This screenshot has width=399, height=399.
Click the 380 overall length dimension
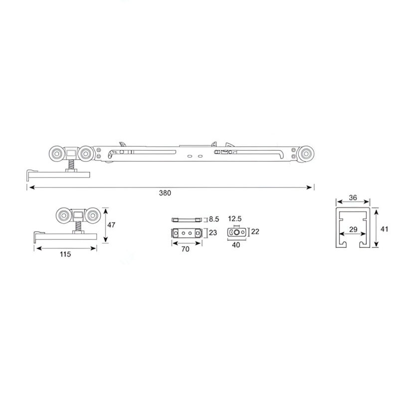pyautogui.click(x=165, y=193)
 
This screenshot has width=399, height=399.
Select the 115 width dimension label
pyautogui.click(x=65, y=254)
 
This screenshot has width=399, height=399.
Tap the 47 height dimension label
pyautogui.click(x=111, y=225)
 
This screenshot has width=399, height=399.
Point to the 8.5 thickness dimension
pyautogui.click(x=214, y=219)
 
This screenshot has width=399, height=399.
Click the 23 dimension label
pyautogui.click(x=213, y=232)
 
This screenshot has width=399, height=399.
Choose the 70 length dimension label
pyautogui.click(x=185, y=249)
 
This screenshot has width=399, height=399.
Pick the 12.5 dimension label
pyautogui.click(x=234, y=218)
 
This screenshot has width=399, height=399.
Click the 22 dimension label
pyautogui.click(x=255, y=231)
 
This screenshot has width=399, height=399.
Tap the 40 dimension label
pyautogui.click(x=236, y=245)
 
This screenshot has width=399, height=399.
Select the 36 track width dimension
pyautogui.click(x=353, y=198)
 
